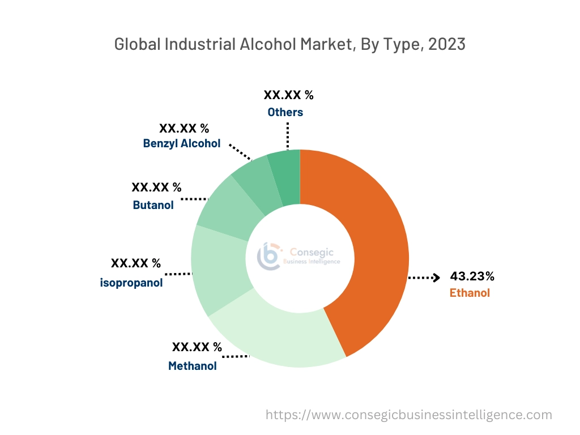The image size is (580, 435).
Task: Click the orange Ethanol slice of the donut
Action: tap(377, 249)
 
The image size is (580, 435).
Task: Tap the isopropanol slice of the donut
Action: tap(218, 269)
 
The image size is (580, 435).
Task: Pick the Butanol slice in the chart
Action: tap(224, 207)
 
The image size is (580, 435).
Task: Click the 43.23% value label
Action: tap(472, 276)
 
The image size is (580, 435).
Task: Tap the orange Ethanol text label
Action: tap(470, 293)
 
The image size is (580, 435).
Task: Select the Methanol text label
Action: tap(193, 366)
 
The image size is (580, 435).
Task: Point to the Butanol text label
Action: tap(153, 205)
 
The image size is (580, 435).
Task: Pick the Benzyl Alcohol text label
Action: tap(182, 143)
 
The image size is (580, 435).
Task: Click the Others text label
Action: tap(285, 112)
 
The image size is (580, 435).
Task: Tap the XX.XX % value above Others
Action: tap(288, 95)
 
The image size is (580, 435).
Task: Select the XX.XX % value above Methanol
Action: tap(197, 347)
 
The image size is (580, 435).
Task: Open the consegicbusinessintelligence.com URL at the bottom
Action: tap(408, 415)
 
